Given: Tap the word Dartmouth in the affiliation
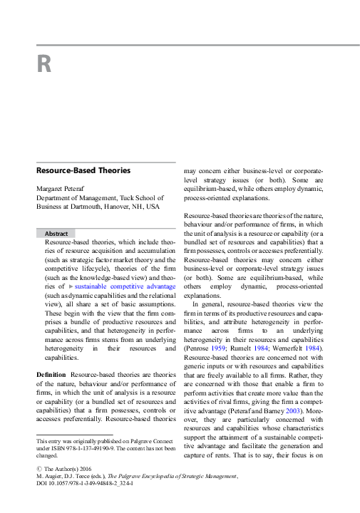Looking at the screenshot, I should pyautogui.click(x=81, y=207).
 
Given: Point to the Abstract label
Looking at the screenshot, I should pyautogui.click(x=56, y=233).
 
